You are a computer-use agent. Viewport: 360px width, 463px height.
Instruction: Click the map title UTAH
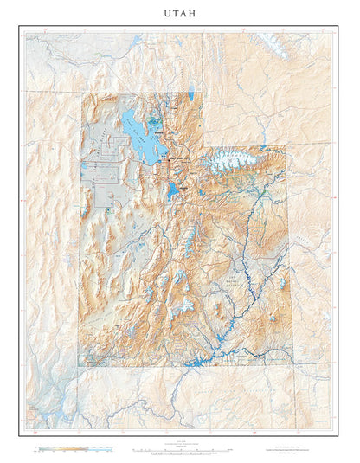point(180,14)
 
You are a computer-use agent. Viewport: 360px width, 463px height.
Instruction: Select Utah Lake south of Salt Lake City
point(173,189)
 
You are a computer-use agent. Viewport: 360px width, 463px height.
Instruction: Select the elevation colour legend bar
point(74,450)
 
